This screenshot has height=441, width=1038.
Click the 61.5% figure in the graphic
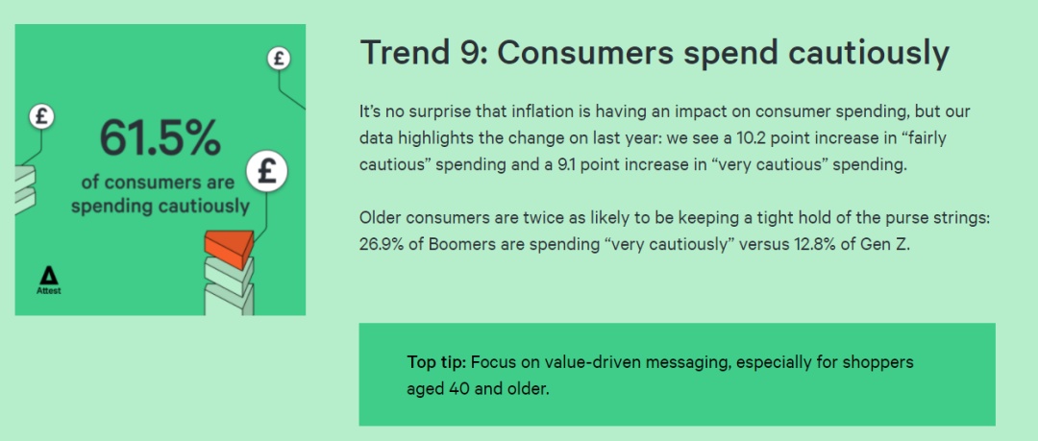click(x=160, y=138)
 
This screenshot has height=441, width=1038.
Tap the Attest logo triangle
click(x=48, y=276)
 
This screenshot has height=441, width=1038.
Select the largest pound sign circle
click(x=267, y=171)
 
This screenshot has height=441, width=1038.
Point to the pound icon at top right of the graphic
click(x=279, y=59)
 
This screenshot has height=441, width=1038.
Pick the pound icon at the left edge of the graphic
click(x=41, y=116)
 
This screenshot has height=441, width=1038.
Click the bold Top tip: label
click(x=437, y=363)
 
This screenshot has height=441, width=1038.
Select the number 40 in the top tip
click(x=458, y=389)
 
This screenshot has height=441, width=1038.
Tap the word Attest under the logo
click(x=48, y=291)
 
